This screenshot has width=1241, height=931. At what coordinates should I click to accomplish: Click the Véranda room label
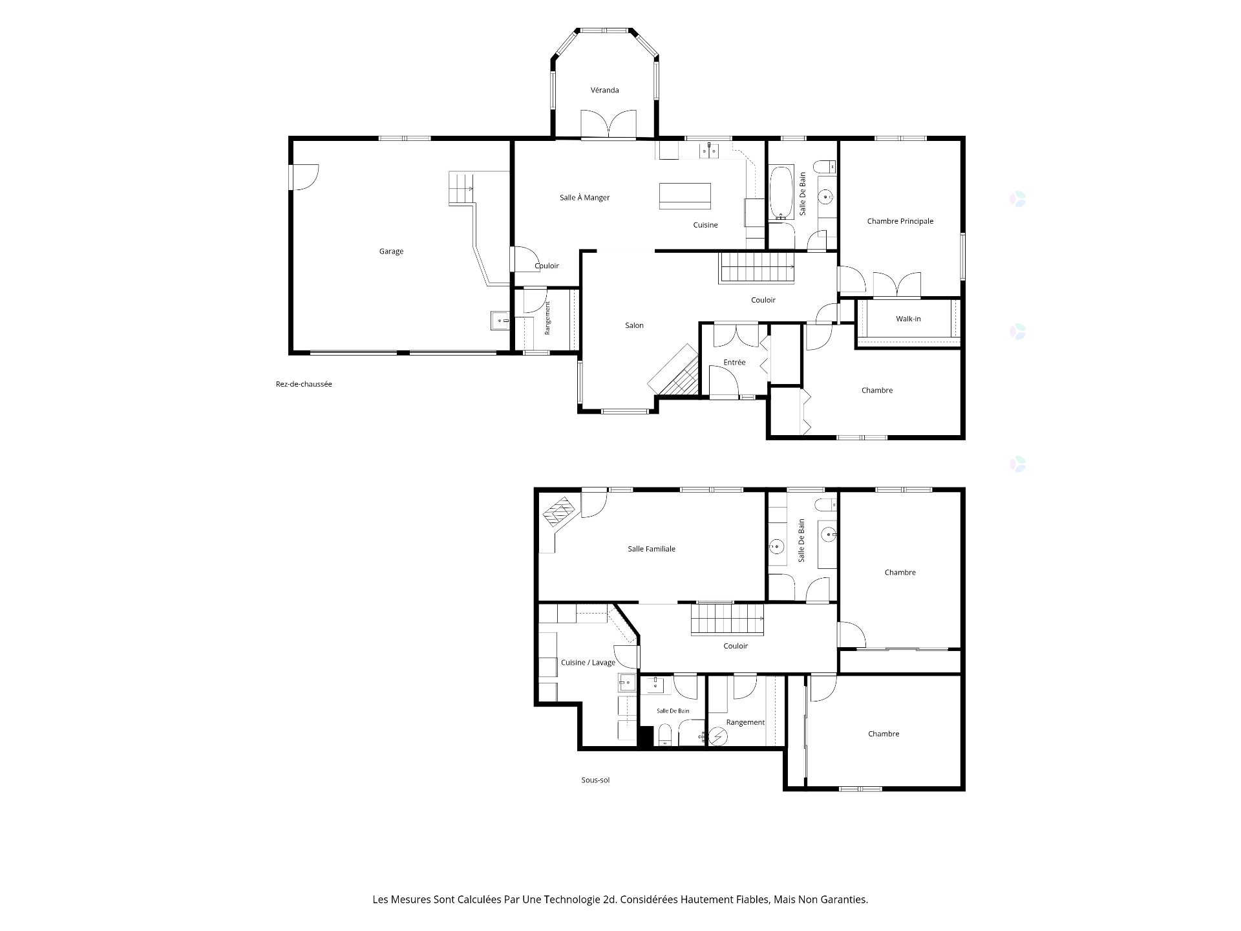pyautogui.click(x=604, y=90)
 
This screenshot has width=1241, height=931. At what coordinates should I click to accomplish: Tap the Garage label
pyautogui.click(x=391, y=251)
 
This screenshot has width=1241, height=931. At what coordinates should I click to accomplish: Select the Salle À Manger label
pyautogui.click(x=584, y=198)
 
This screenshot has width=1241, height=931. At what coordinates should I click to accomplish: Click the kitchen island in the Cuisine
pyautogui.click(x=685, y=196)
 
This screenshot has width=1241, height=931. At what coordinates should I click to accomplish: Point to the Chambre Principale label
pyautogui.click(x=900, y=221)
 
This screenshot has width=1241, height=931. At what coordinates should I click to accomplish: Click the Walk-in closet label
pyautogui.click(x=908, y=319)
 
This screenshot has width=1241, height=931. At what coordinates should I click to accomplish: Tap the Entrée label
pyautogui.click(x=734, y=363)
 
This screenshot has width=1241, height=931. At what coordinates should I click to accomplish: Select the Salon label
pyautogui.click(x=634, y=326)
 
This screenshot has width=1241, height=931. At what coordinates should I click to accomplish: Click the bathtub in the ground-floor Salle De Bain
pyautogui.click(x=781, y=193)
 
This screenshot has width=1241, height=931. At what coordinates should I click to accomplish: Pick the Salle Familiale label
pyautogui.click(x=652, y=549)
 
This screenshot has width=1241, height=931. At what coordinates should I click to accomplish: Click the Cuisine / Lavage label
pyautogui.click(x=588, y=663)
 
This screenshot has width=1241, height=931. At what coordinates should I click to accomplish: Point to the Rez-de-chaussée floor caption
pyautogui.click(x=304, y=384)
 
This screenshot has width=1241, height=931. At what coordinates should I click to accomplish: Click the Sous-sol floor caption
pyautogui.click(x=595, y=780)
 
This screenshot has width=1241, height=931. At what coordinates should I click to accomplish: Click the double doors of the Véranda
pyautogui.click(x=608, y=124)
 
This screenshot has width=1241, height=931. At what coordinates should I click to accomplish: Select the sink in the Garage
pyautogui.click(x=500, y=320)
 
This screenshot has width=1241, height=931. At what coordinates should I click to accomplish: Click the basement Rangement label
pyautogui.click(x=745, y=723)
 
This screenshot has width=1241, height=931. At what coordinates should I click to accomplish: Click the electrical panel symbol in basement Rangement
pyautogui.click(x=718, y=737)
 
